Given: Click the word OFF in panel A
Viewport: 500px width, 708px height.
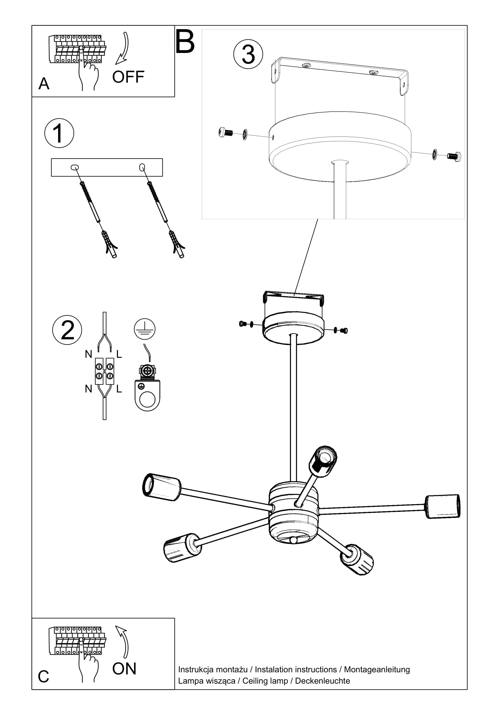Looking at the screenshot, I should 128,77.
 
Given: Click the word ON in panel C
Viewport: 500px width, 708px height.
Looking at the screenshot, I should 124,669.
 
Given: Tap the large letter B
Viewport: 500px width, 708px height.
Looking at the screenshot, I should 185,42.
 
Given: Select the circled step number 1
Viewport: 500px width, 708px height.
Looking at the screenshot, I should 59,133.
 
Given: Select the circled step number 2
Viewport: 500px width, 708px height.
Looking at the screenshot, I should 67,330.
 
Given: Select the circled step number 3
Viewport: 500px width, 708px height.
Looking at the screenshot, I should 248,54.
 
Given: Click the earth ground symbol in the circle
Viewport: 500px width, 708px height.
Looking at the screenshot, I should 145,329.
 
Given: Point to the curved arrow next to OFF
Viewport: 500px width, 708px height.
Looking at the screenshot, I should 123,48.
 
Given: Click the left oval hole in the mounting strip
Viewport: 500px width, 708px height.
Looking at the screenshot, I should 74,167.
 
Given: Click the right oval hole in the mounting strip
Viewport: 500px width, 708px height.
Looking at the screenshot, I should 142,167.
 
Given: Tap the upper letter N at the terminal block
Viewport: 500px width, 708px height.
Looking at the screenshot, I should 88,354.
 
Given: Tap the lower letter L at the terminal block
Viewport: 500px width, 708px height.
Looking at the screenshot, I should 119,389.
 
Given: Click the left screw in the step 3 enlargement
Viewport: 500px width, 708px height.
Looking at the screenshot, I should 226,133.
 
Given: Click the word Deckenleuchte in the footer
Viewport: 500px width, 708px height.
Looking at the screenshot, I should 322,681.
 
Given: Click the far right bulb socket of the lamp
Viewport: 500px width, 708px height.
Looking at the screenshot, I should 443,507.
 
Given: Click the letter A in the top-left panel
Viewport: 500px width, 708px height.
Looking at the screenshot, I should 44,84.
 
